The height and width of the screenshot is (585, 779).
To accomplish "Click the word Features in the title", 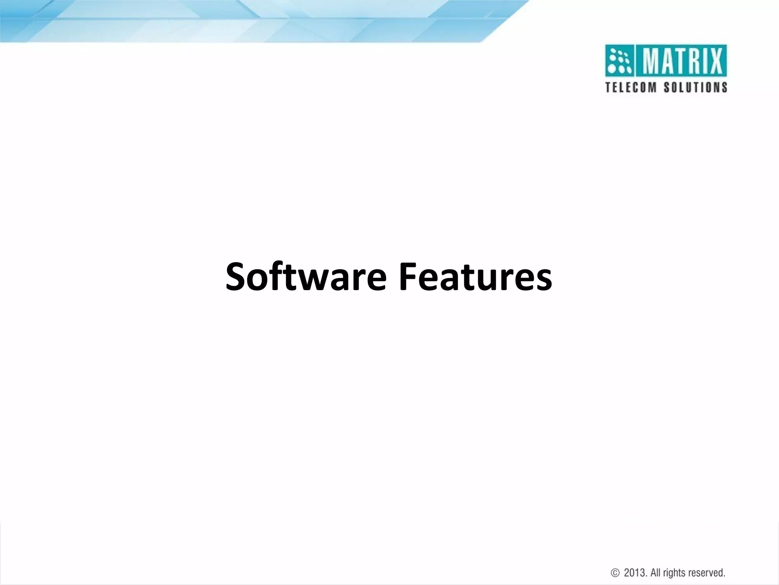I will [475, 277].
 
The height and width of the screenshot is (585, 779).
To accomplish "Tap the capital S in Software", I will [237, 277].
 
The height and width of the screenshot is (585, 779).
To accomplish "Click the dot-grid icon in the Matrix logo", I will [620, 61].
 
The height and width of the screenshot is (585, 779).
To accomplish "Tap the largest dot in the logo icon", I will [612, 70].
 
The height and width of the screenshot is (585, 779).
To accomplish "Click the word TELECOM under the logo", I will [631, 88].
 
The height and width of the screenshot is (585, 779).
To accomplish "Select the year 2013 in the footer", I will [635, 562].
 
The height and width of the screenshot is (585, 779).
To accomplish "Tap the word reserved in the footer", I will [709, 562].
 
